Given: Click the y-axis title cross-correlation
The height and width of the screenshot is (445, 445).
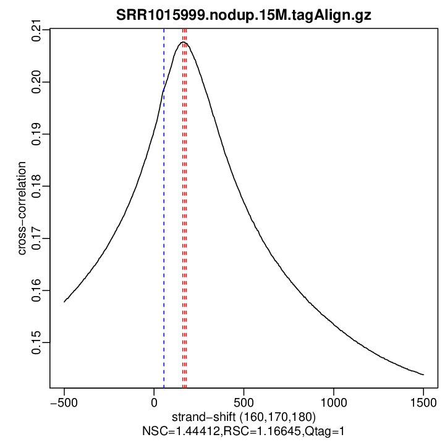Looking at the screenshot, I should [x=22, y=209].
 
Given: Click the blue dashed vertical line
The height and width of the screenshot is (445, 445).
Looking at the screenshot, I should [x=164, y=247].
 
